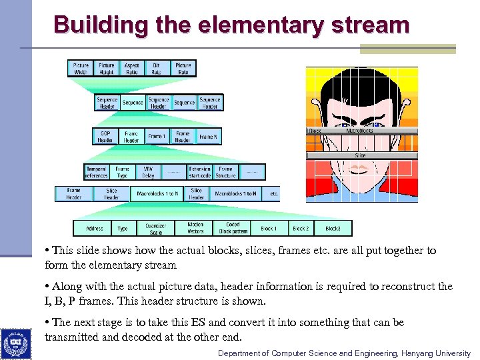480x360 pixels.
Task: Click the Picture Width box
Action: point(81,69)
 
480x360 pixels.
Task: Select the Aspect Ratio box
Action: point(132,69)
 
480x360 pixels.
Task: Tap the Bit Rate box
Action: point(157,69)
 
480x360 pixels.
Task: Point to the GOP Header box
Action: point(105,137)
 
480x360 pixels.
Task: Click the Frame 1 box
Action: point(157,137)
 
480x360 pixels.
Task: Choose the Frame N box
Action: point(208,137)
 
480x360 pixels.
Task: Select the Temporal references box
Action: point(97,173)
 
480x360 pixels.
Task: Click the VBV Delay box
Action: point(148,173)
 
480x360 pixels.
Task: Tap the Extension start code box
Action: point(200,173)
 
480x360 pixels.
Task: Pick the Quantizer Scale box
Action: point(155,229)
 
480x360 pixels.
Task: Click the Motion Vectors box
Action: point(195,229)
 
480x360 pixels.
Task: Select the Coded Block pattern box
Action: point(233,229)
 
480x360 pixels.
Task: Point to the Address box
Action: point(95,229)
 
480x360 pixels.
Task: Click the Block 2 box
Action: point(301,229)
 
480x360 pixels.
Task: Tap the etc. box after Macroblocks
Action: point(273,194)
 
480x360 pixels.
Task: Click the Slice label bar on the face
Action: point(361,155)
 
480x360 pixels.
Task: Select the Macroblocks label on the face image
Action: point(360,131)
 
